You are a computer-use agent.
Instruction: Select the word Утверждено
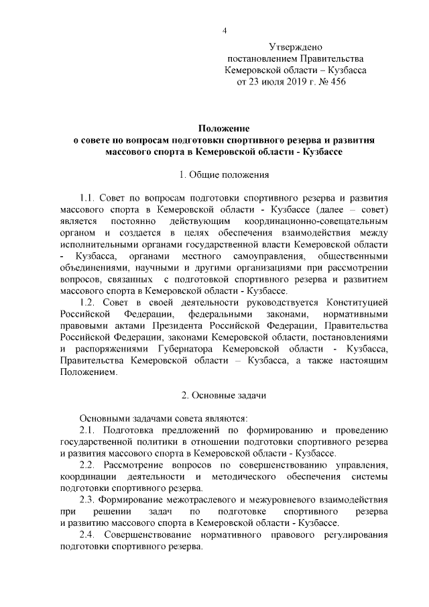pyautogui.click(x=296, y=47)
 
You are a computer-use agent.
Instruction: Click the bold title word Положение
pyautogui.click(x=224, y=128)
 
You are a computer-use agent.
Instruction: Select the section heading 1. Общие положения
pyautogui.click(x=224, y=175)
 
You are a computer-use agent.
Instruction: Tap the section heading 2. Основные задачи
pyautogui.click(x=224, y=395)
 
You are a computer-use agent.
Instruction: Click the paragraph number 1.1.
pyautogui.click(x=89, y=199)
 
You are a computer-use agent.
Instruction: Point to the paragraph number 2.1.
pyautogui.click(x=89, y=430)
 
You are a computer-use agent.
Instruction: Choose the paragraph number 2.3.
pyautogui.click(x=89, y=500)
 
